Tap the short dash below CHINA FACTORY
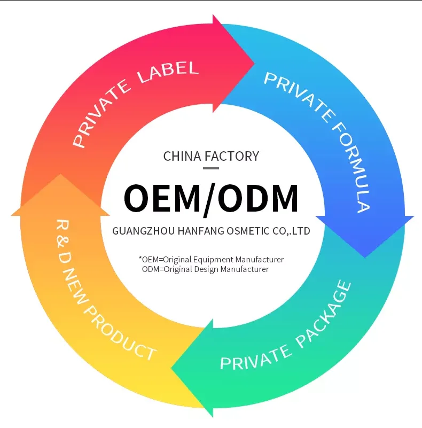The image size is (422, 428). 211,168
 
